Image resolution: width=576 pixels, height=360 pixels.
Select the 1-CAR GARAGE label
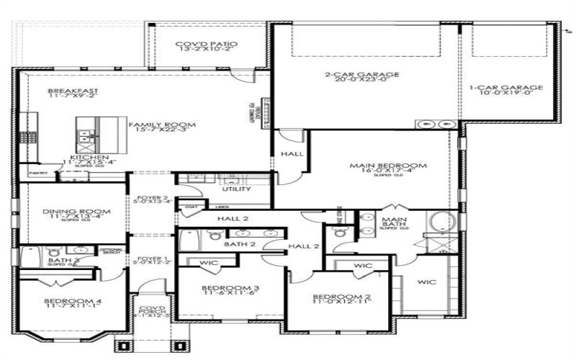[511, 87]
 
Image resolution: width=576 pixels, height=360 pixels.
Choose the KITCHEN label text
[89, 157]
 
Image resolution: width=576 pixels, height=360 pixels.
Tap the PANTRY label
[37, 174]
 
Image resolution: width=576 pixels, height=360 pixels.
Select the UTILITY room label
[236, 189]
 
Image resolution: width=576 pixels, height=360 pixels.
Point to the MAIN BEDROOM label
[388, 166]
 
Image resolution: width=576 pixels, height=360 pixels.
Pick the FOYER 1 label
[152, 258]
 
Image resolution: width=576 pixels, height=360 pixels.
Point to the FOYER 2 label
[152, 198]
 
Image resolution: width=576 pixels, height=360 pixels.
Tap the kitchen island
[91, 133]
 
